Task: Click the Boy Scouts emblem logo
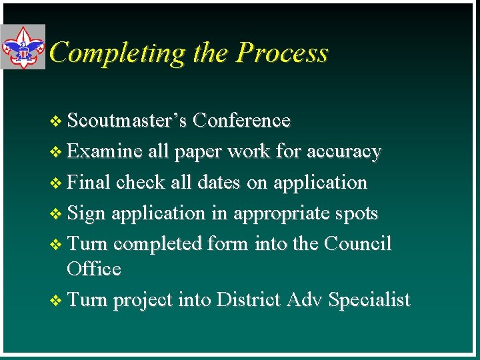click(x=23, y=47)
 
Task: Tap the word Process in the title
click(x=283, y=53)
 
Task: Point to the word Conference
click(x=243, y=121)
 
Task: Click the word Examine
click(x=105, y=151)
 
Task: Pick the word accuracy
click(x=343, y=152)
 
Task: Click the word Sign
click(x=87, y=213)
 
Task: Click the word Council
click(x=357, y=244)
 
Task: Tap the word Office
click(x=94, y=269)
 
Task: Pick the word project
click(x=143, y=301)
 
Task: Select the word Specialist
click(x=369, y=301)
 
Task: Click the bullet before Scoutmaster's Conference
click(x=55, y=121)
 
